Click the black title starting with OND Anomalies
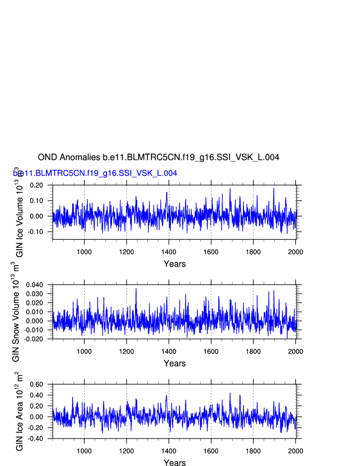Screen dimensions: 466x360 (x=158, y=157)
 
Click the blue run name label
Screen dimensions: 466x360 (x=95, y=173)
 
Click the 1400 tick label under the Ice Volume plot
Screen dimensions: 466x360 (x=169, y=251)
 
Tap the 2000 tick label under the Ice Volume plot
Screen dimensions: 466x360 (x=296, y=251)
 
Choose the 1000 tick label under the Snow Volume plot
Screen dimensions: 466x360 (x=84, y=351)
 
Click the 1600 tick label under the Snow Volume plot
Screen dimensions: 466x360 (x=211, y=351)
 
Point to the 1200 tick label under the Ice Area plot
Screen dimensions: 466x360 (x=126, y=451)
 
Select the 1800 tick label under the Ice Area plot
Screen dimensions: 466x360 (x=253, y=451)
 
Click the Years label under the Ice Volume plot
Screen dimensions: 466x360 (x=175, y=264)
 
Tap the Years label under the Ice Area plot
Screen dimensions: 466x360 (x=175, y=463)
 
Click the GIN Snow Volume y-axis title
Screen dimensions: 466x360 (x=16, y=311)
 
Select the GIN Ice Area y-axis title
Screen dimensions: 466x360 (x=19, y=411)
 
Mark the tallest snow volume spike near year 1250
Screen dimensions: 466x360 (x=136, y=289)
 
